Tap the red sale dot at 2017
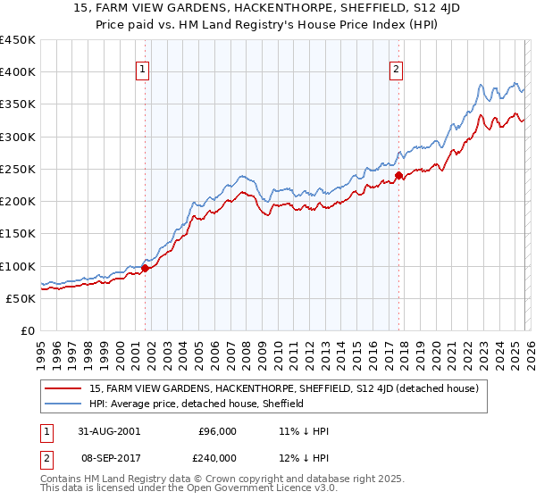coord(398,176)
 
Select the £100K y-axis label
coord(17,266)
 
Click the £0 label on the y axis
coord(26,330)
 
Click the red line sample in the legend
coord(63,388)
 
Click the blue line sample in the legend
coord(63,404)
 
